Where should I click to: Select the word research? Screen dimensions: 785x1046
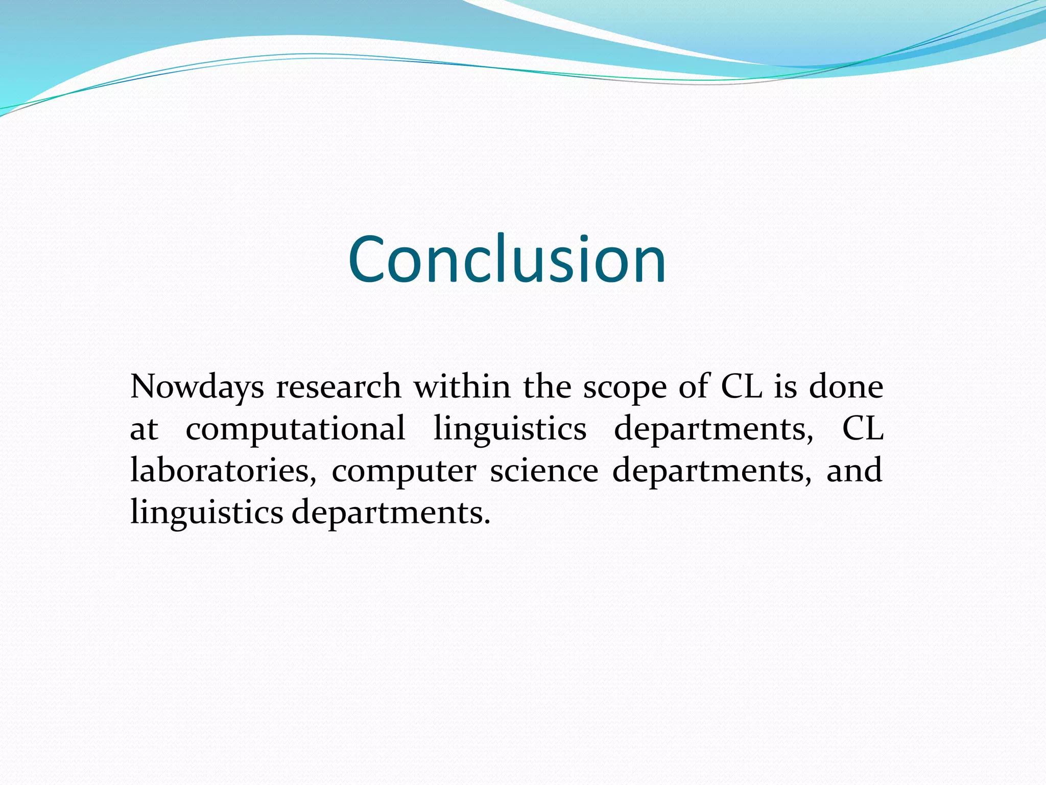(x=339, y=387)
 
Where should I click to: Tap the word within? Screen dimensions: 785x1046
(x=462, y=387)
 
